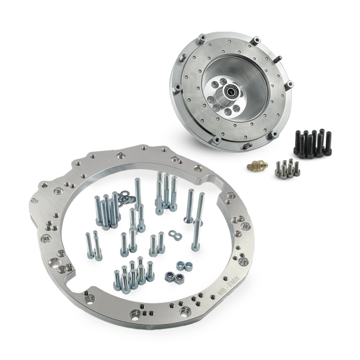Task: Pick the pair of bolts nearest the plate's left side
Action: point(92,247)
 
